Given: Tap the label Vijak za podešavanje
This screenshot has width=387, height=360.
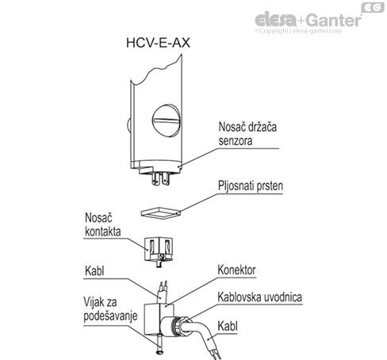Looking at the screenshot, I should click(x=106, y=311).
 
